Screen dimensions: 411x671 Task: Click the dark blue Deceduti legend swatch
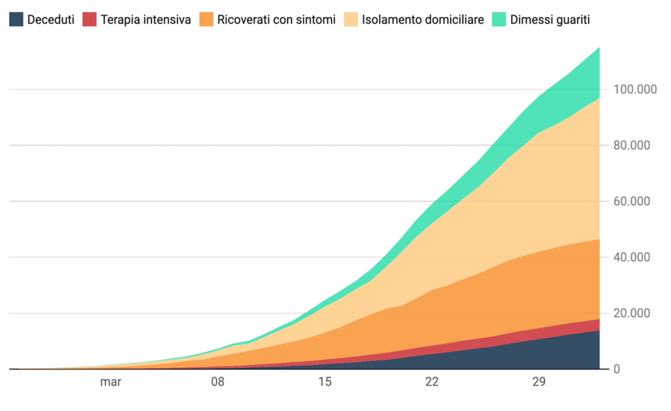(16, 19)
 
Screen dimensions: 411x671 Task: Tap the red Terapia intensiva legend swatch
(89, 19)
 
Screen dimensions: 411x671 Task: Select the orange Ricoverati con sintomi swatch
(206, 19)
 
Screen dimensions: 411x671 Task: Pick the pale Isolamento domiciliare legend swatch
(351, 19)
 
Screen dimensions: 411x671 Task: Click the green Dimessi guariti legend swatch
(499, 19)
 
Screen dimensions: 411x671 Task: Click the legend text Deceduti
(51, 20)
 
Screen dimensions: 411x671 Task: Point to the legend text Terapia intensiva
(146, 20)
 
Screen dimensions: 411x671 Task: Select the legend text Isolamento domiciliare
(423, 20)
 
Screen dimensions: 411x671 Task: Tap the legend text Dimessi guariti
(550, 20)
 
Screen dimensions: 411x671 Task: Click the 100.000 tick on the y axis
(635, 89)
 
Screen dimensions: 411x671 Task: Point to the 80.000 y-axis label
(632, 146)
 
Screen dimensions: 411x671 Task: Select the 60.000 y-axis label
(632, 201)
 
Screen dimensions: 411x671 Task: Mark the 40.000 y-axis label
(632, 257)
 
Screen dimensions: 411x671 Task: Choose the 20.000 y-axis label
(632, 313)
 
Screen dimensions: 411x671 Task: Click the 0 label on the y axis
(616, 369)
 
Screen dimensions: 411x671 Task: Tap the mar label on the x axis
(111, 382)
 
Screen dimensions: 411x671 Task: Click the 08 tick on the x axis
(218, 382)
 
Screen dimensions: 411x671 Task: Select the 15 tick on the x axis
(325, 382)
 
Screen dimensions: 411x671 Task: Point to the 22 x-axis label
(432, 382)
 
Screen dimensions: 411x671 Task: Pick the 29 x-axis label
(539, 382)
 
